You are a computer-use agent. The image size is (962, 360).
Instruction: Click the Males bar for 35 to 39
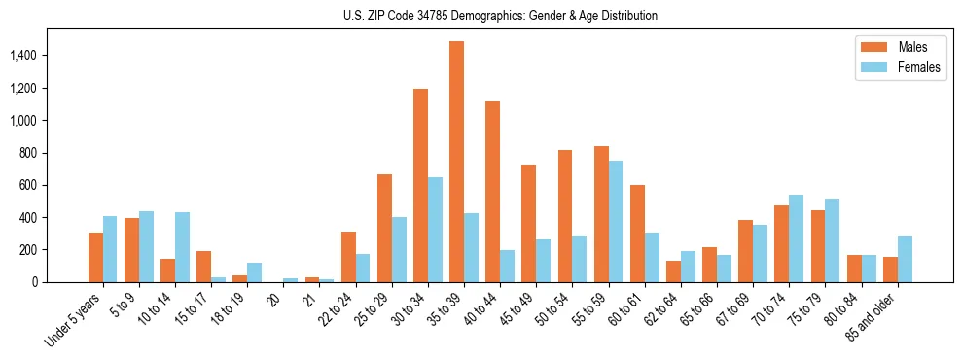(x=456, y=162)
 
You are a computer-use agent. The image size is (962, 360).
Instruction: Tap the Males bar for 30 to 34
(x=420, y=185)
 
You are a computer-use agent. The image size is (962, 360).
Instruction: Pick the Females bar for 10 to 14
(x=182, y=247)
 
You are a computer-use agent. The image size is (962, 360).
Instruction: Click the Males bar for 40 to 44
(x=492, y=192)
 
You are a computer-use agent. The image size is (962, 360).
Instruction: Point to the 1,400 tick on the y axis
(x=22, y=56)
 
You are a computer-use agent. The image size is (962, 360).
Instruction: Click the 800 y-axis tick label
(x=28, y=153)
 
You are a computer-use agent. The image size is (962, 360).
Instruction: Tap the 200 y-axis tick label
(x=28, y=250)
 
